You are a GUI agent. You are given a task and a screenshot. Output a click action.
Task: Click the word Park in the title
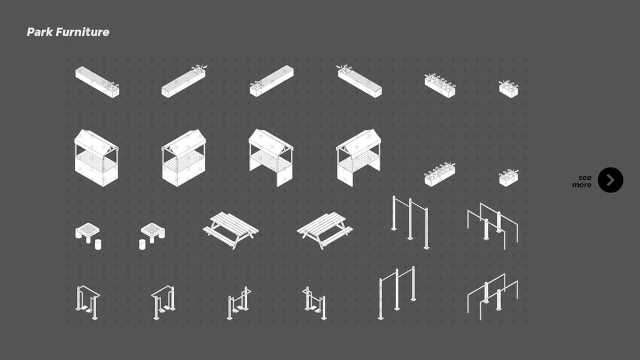pyautogui.click(x=39, y=32)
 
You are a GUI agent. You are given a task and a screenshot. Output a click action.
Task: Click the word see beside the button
pyautogui.click(x=585, y=178)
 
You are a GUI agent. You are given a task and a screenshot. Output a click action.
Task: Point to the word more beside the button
pyautogui.click(x=581, y=185)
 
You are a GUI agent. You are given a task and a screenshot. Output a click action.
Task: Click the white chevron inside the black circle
pyautogui.click(x=611, y=180)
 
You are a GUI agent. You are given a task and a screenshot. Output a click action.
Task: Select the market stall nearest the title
pyautogui.click(x=96, y=157)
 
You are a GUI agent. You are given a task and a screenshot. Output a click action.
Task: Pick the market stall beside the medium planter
pyautogui.click(x=359, y=157)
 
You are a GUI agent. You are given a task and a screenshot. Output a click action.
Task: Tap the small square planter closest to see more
pyautogui.click(x=509, y=178)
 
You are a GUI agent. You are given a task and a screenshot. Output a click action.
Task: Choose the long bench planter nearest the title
pyautogui.click(x=97, y=82)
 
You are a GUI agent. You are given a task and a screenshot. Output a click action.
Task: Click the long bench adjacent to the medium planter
pyautogui.click(x=360, y=81)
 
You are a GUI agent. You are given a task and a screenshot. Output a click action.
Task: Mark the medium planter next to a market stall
pyautogui.click(x=440, y=175)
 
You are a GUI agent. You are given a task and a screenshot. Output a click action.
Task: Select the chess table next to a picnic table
pyautogui.click(x=152, y=236)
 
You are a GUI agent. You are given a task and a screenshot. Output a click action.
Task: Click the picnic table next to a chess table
pyautogui.click(x=231, y=230)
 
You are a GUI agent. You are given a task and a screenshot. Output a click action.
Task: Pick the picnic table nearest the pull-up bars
pyautogui.click(x=325, y=230)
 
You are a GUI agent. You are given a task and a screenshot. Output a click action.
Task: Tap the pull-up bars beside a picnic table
pyautogui.click(x=410, y=222)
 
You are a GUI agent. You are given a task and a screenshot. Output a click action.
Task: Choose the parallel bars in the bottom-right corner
pyautogui.click(x=493, y=297)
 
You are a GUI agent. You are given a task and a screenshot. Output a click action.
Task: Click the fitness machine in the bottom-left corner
pyautogui.click(x=88, y=303)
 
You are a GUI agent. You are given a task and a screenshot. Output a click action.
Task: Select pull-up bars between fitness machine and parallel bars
pyautogui.click(x=397, y=292)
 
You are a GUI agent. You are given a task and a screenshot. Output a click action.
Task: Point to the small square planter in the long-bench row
pyautogui.click(x=509, y=89)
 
